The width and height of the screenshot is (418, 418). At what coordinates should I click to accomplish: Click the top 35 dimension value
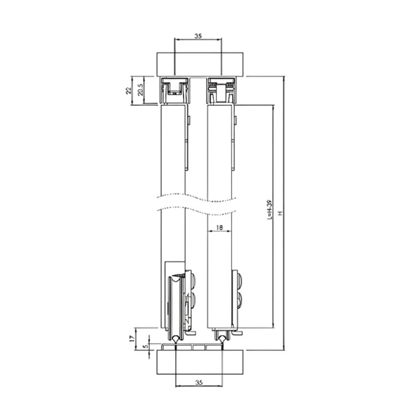pyautogui.click(x=198, y=36)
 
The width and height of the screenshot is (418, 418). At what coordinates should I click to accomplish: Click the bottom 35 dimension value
pyautogui.click(x=199, y=382)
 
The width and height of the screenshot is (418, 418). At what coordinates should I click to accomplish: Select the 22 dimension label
pyautogui.click(x=129, y=91)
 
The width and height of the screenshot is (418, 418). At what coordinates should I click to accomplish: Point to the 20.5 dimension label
pyautogui.click(x=141, y=89)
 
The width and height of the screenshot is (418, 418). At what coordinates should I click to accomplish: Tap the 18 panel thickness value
pyautogui.click(x=219, y=228)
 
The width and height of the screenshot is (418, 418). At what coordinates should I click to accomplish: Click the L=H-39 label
pyautogui.click(x=270, y=210)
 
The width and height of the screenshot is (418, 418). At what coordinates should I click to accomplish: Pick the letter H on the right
pyautogui.click(x=280, y=213)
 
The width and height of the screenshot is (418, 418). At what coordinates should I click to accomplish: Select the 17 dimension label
pyautogui.click(x=131, y=339)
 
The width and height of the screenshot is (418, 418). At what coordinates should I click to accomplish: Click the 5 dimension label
pyautogui.click(x=145, y=347)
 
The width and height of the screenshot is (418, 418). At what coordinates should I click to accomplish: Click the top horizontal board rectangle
pyautogui.click(x=200, y=64)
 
